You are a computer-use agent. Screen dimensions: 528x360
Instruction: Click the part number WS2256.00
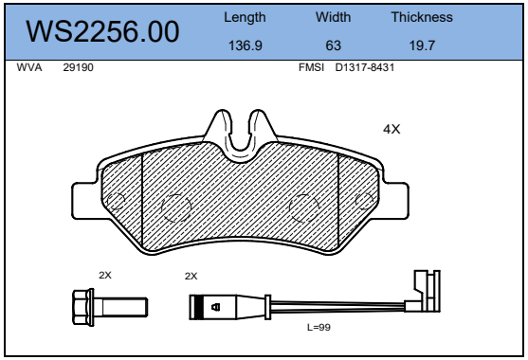(102, 31)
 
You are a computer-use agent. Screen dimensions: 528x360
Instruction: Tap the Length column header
(245, 17)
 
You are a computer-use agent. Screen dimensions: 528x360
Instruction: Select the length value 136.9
(246, 45)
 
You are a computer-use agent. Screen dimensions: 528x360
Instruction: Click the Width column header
(333, 17)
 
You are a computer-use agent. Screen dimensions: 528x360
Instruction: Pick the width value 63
(334, 45)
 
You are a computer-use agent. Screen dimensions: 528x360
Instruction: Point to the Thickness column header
(422, 17)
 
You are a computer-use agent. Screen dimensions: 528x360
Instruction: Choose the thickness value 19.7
(422, 45)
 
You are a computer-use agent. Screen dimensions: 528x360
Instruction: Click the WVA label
(29, 67)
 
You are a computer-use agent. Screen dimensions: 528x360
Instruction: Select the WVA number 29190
(78, 67)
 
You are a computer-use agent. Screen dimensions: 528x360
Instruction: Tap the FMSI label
(311, 67)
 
